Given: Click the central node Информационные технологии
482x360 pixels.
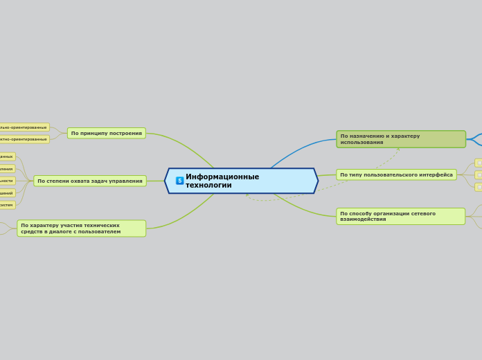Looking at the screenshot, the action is pos(241,181).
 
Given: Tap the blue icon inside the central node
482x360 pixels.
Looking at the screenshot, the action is pos(179,181).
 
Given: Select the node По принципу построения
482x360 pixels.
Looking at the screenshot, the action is pos(106,133).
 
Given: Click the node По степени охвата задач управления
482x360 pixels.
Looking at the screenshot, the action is pos(90,181).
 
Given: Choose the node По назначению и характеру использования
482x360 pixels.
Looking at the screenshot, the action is pos(400,139).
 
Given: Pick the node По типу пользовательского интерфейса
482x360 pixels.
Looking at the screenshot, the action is pos(396,174).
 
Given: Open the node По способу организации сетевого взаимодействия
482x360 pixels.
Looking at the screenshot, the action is pos(400,216).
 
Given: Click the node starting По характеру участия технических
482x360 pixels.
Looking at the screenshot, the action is pos(81,228).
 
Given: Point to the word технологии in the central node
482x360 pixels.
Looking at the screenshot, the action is pos(218,186).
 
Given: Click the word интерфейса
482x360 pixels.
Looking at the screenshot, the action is pos(436,174).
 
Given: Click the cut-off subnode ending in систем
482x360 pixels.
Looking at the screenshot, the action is pos(6,205).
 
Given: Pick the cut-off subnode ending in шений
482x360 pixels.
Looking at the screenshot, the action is pos(6,193).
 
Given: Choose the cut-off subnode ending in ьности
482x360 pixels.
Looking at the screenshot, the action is pos(6,181).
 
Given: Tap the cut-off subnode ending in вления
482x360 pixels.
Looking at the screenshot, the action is pos(6,169).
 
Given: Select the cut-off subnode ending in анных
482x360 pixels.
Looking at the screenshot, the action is pos(6,156).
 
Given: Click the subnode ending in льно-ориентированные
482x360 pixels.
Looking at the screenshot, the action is pos(24,127).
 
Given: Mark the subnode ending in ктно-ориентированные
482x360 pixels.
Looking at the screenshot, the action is pos(24,139).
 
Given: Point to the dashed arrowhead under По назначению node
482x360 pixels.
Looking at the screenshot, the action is pos(399,149).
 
